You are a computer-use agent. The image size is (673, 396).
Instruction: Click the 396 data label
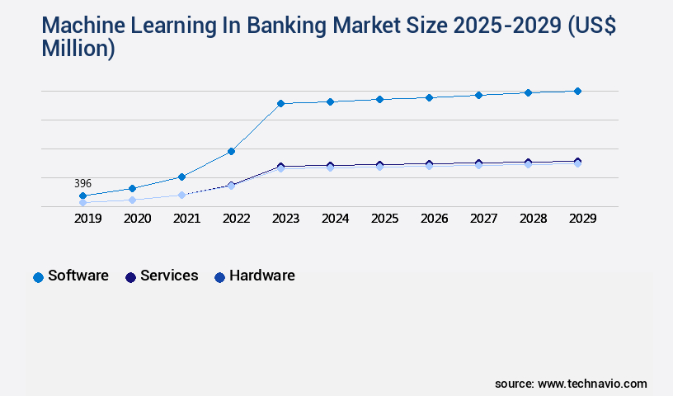[82, 183]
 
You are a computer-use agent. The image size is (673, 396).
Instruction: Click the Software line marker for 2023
[280, 103]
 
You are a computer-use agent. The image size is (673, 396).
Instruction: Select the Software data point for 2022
[231, 151]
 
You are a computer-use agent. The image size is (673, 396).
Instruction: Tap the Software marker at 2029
[577, 91]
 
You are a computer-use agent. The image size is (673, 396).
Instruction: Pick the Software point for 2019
[82, 196]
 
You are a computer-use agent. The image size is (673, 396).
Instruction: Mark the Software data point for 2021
[181, 177]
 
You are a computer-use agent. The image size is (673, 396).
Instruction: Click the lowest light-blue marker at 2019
[82, 202]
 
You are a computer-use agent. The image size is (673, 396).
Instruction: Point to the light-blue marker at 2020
[132, 200]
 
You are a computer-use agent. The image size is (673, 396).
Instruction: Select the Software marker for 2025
[379, 99]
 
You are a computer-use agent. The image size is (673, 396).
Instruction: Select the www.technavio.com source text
[592, 384]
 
